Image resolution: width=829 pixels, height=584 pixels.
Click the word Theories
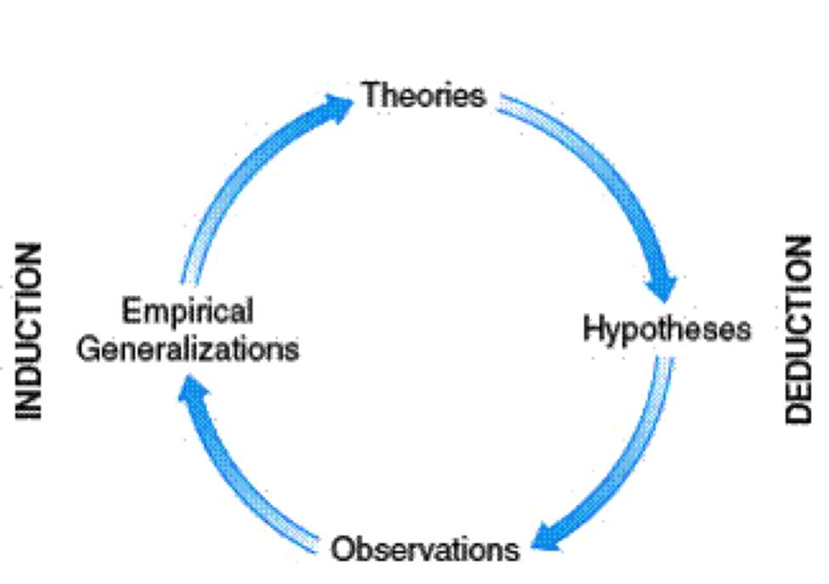423,94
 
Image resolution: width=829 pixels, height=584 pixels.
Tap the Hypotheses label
667,328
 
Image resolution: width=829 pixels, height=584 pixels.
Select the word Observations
424,548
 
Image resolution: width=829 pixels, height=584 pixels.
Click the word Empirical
187,311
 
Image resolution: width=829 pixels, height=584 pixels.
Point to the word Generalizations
188,349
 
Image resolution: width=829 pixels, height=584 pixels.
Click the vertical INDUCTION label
29,332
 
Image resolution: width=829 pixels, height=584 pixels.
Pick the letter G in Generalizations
88,349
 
